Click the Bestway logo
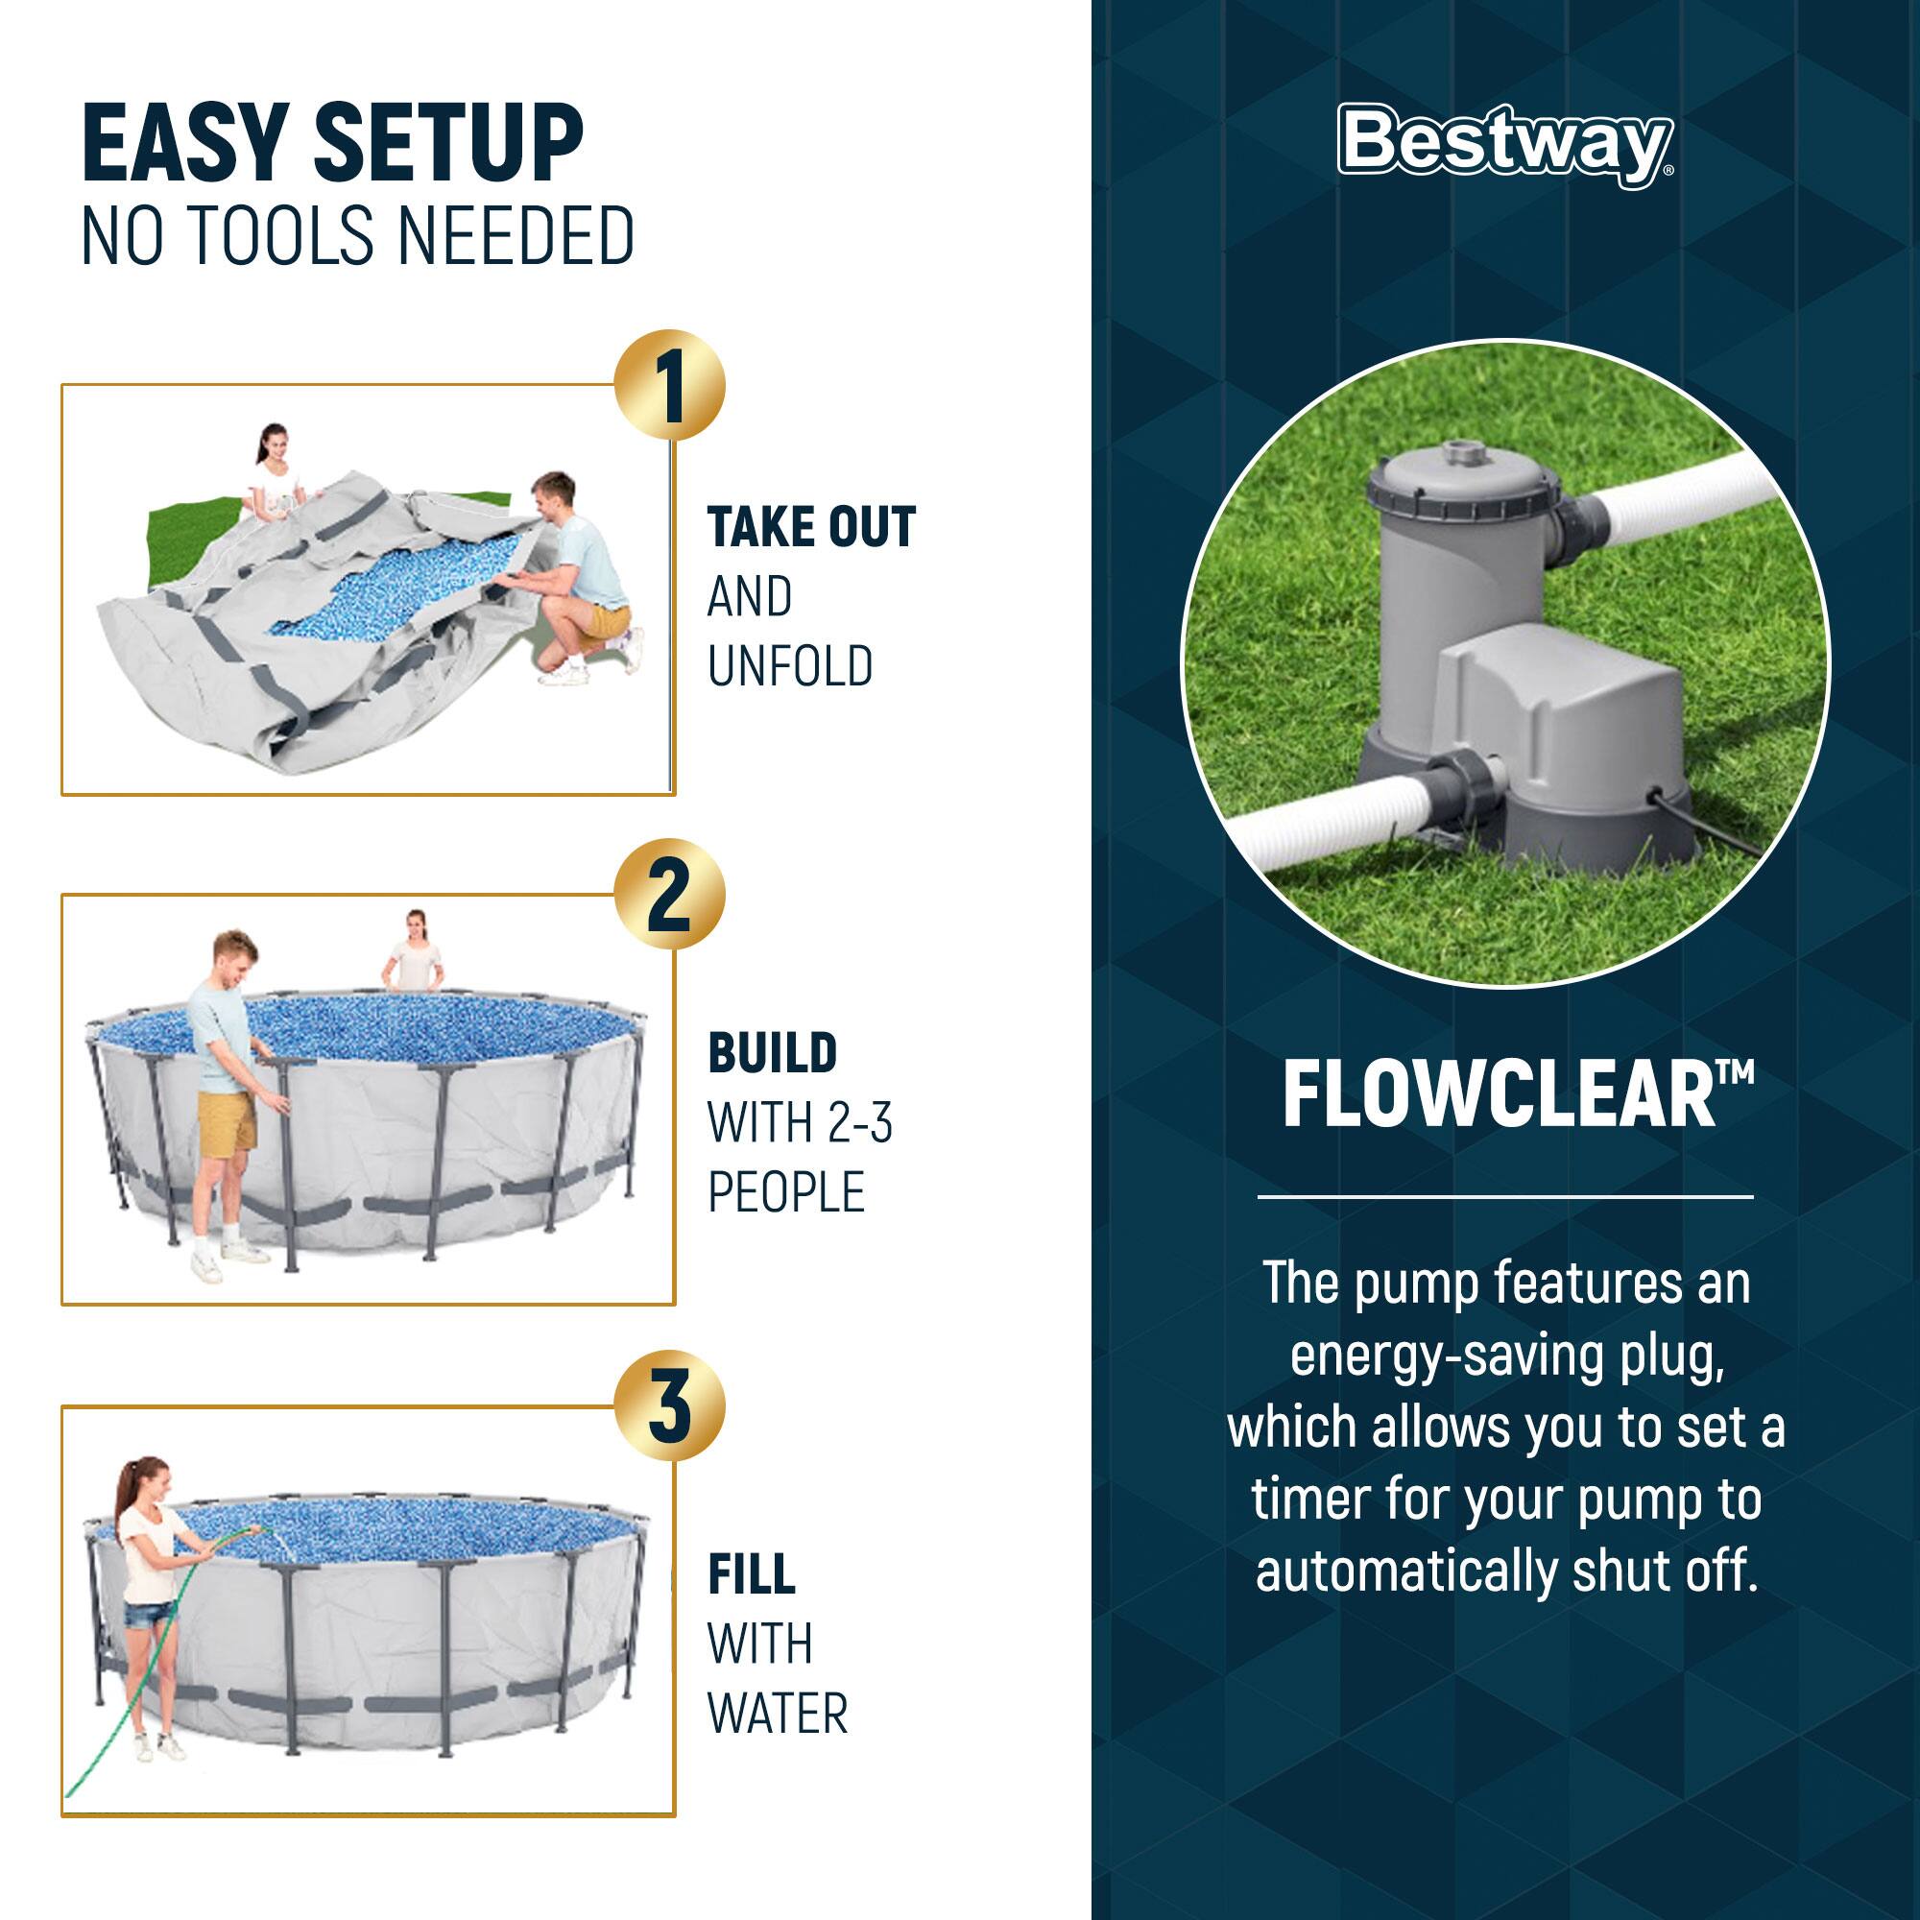pos(1503,144)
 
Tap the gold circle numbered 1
pos(669,386)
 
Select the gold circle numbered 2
pos(669,895)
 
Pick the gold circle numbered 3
pos(669,1405)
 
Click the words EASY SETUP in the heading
pos(332,146)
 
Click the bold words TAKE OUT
pos(811,528)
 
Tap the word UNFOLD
pos(790,666)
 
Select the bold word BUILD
pos(772,1053)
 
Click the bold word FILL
pos(752,1574)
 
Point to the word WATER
pos(778,1714)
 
